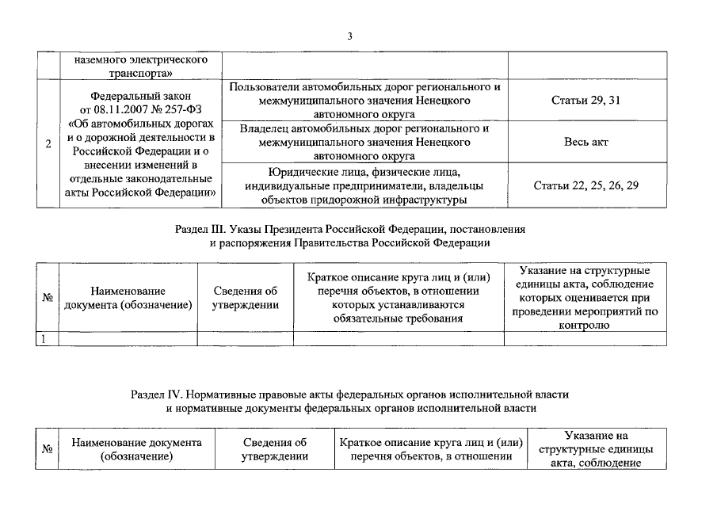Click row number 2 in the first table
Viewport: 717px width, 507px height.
coord(49,143)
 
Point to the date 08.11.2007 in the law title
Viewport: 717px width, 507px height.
coord(123,108)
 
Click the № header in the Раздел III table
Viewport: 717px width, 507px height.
coord(48,298)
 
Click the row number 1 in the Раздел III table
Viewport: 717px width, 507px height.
coord(45,338)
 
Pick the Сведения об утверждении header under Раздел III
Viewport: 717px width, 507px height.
coord(246,298)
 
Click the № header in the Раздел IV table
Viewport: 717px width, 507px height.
coord(48,449)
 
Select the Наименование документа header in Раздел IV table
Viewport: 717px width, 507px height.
coord(137,442)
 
